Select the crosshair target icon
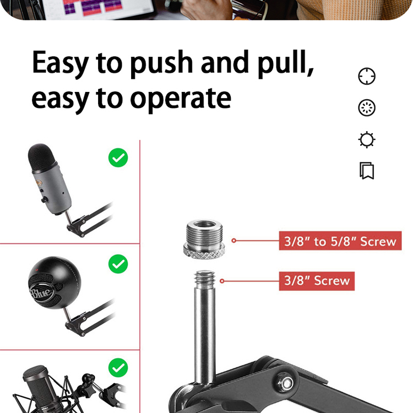click(x=367, y=77)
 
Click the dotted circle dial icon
click(x=367, y=108)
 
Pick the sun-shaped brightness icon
click(x=367, y=140)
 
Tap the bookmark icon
click(x=367, y=171)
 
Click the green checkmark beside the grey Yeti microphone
click(x=118, y=157)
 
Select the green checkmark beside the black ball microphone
click(x=118, y=264)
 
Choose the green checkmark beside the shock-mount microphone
click(x=118, y=367)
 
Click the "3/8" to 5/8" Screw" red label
click(x=340, y=241)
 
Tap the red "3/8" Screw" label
click(x=317, y=281)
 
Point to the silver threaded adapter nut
click(x=204, y=239)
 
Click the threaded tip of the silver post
click(x=205, y=279)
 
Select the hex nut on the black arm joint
click(x=285, y=382)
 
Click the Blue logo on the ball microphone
click(x=41, y=292)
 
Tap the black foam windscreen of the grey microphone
click(x=42, y=157)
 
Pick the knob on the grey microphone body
click(x=44, y=200)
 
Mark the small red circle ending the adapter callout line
click(x=233, y=241)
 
